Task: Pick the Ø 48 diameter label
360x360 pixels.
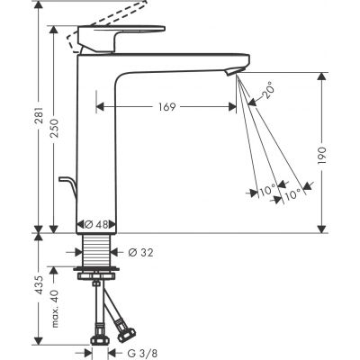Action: (x=96, y=223)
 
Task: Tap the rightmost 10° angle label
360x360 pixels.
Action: (x=293, y=191)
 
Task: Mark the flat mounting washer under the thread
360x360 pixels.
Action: (x=96, y=269)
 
